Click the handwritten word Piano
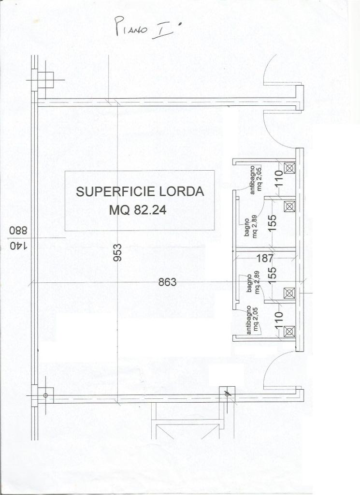(131, 28)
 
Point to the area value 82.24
(150, 210)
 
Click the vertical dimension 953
(117, 252)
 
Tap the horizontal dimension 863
(167, 282)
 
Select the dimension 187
(265, 258)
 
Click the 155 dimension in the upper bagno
(273, 222)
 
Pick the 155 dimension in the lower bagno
(273, 275)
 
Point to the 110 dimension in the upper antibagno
(279, 178)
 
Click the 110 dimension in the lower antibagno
(279, 320)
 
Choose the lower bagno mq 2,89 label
(253, 284)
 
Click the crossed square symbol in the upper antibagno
(289, 168)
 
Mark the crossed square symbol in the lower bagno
(288, 293)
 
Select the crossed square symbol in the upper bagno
(289, 206)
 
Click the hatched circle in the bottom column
(227, 393)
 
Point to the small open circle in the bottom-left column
(45, 395)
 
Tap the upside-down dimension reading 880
(18, 230)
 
